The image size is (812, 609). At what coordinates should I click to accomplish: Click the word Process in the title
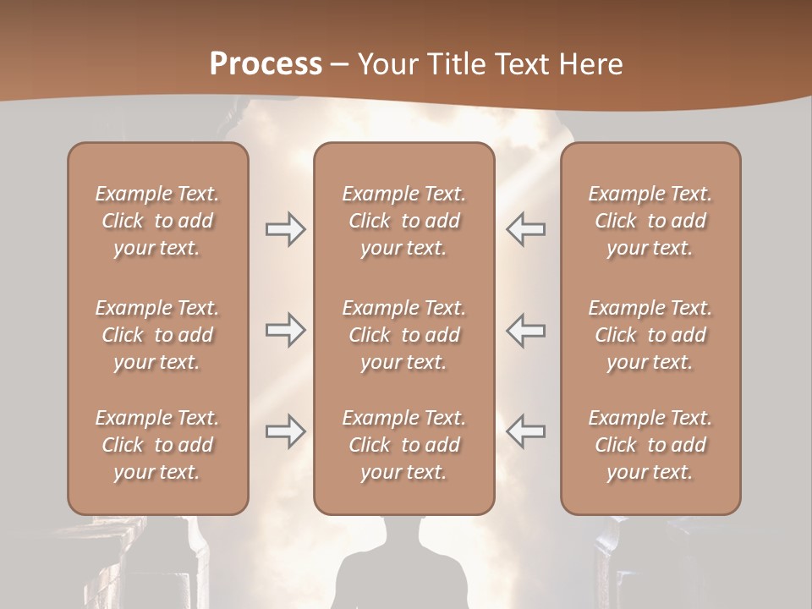pos(266,64)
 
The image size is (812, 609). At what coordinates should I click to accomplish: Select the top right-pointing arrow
pos(285,229)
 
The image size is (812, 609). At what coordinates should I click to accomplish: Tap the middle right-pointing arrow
pos(285,331)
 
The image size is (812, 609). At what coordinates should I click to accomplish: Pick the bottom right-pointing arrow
pos(285,431)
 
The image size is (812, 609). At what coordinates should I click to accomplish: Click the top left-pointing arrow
pos(525,229)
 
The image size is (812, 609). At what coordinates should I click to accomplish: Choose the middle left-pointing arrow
pos(525,331)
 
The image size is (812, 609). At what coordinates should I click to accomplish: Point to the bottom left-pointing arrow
pos(525,431)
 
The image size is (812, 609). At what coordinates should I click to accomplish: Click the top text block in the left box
pos(157,221)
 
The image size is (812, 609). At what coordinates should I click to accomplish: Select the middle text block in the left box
pos(157,335)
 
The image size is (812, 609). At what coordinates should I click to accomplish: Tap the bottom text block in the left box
pos(157,445)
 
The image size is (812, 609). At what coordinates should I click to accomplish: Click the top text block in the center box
pos(403,221)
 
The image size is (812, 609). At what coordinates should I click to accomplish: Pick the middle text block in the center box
pos(403,335)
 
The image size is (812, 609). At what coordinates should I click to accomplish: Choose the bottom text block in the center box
pos(403,445)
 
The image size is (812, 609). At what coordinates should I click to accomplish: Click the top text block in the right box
pos(650,221)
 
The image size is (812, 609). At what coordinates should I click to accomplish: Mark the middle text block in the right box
pos(650,335)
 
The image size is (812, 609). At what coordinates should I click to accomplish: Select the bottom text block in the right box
pos(650,445)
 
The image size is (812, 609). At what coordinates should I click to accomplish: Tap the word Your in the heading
pos(388,64)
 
